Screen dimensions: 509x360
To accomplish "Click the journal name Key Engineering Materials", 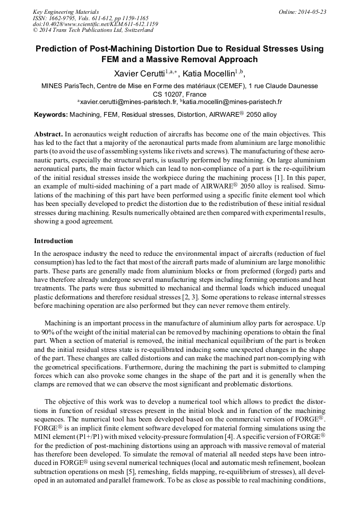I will point(66,12).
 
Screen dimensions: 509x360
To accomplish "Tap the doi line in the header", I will point(96,24).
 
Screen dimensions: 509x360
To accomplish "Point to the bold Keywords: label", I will point(51,115).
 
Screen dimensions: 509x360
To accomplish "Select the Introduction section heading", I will point(54,241).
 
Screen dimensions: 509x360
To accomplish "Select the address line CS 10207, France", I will point(179,94).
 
